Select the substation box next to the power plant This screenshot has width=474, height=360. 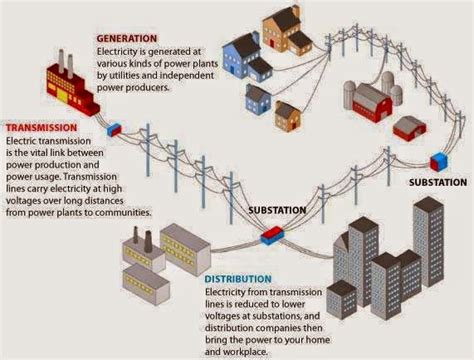click(x=114, y=129)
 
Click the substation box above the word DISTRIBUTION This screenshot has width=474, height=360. click(x=270, y=233)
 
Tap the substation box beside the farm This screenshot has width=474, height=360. click(x=437, y=160)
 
